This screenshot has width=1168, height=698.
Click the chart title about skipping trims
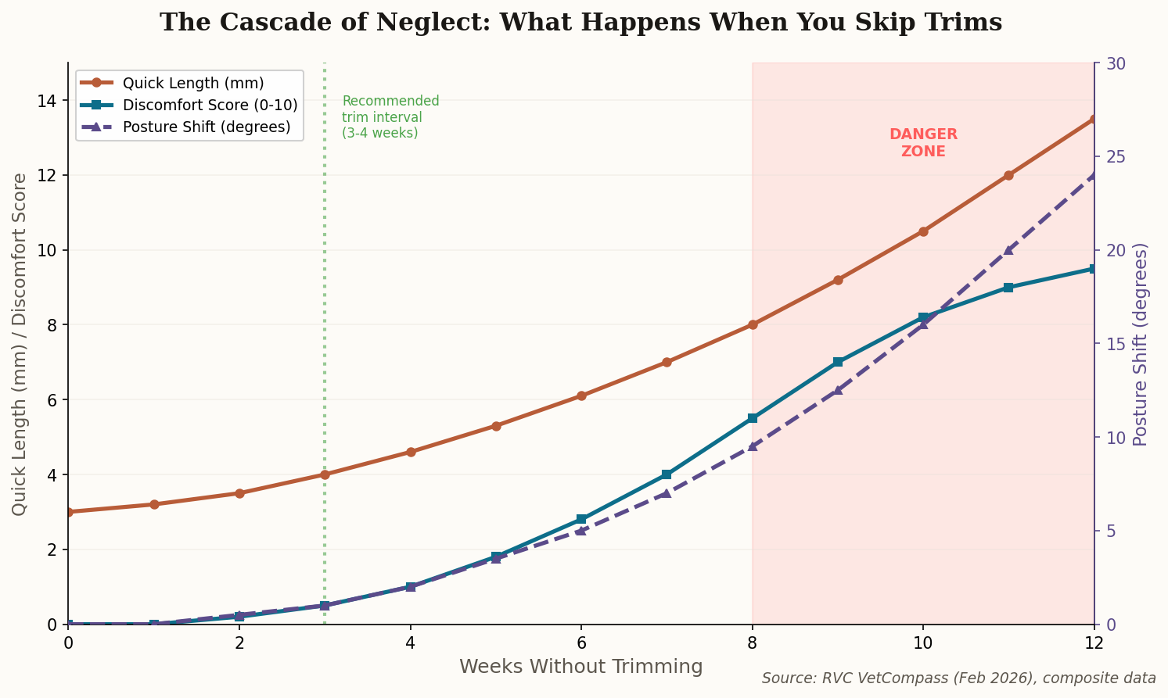tap(580, 23)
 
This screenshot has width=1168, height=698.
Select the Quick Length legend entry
tap(192, 83)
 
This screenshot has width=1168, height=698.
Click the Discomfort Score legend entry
tap(210, 105)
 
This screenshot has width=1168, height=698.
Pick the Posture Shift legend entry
tap(207, 127)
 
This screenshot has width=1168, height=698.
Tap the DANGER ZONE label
tap(923, 143)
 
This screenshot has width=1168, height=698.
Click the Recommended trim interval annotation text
tap(390, 117)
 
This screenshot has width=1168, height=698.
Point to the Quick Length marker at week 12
tap(1094, 120)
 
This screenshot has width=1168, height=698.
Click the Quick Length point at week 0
tap(69, 512)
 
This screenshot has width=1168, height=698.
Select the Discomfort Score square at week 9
tap(838, 362)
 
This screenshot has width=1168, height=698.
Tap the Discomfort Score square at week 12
tap(1094, 269)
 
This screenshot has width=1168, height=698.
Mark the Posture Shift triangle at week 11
tap(1008, 250)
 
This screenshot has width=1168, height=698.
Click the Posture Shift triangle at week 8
tap(753, 446)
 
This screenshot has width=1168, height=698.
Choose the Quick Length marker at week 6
tap(581, 396)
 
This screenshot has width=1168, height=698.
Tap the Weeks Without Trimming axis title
tap(580, 667)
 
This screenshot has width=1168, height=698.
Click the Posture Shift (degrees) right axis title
tap(1141, 344)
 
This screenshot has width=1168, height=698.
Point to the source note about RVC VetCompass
tap(958, 678)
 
